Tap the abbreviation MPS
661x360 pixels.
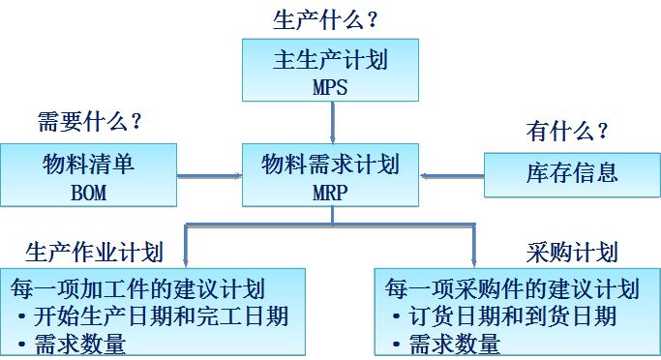(330, 86)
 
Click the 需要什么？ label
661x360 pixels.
(90, 123)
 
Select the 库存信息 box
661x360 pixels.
(572, 174)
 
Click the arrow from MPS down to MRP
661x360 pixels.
(331, 123)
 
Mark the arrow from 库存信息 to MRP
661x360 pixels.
(452, 175)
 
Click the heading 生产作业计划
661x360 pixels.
(93, 253)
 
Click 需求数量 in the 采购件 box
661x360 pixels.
(454, 343)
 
